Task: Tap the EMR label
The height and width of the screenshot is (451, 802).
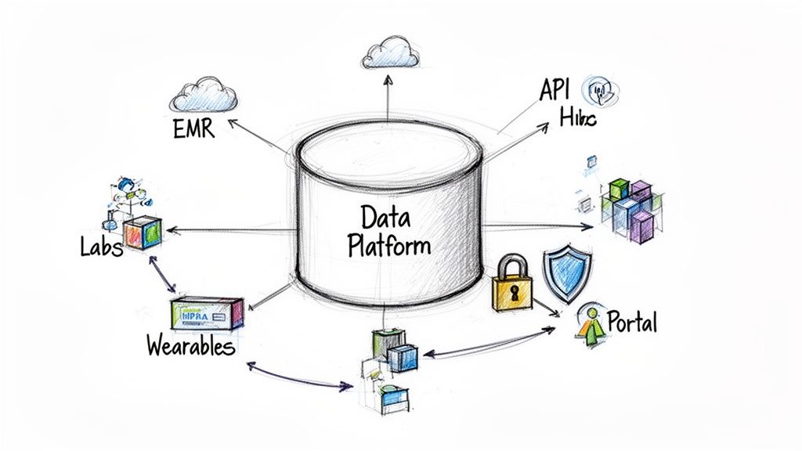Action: coord(193,128)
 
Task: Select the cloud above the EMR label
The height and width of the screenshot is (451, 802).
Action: coord(205,92)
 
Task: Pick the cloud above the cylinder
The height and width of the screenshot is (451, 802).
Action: coord(389,52)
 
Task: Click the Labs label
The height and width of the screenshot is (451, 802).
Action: coord(102,247)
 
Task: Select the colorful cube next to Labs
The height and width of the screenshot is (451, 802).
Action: coord(142,233)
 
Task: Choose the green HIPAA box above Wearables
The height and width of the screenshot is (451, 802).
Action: coord(207,312)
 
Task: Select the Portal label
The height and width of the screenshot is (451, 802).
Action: coord(632,321)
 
